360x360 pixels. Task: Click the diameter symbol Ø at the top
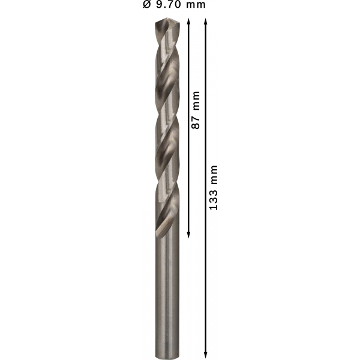pyautogui.click(x=147, y=5)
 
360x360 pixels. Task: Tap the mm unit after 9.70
pyautogui.click(x=196, y=5)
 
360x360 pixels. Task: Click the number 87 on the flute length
pyautogui.click(x=196, y=122)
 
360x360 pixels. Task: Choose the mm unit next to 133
pyautogui.click(x=214, y=174)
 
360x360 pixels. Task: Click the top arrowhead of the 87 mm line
pyautogui.click(x=188, y=22)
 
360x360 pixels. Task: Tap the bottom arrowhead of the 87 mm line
pyautogui.click(x=188, y=235)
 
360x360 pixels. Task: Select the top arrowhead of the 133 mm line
pyautogui.click(x=206, y=22)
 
